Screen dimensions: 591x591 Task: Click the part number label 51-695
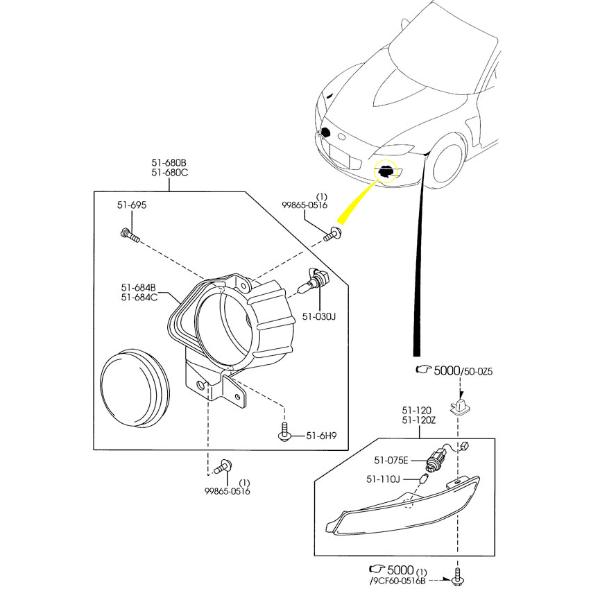(131, 205)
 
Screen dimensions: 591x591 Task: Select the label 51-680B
(170, 162)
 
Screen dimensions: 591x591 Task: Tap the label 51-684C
(138, 297)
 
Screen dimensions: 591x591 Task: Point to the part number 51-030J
(318, 317)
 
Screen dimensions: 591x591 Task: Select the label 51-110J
(384, 479)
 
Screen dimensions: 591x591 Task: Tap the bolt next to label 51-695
(130, 235)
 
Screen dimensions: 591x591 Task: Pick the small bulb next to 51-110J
(425, 479)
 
